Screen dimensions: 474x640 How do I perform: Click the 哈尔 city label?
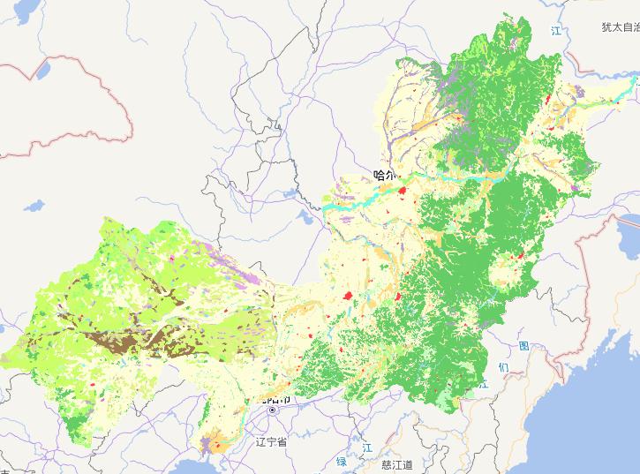386,175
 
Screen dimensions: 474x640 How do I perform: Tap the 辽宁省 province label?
270,440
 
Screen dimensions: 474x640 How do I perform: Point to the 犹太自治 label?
620,27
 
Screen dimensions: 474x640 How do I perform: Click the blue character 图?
524,345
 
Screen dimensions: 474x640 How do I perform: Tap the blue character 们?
503,366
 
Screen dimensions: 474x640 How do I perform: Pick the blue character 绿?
342,462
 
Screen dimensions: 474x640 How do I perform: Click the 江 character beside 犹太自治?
556,32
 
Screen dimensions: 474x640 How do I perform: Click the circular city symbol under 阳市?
274,411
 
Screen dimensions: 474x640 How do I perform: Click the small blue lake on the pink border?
47,66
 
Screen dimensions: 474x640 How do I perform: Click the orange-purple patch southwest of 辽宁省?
215,441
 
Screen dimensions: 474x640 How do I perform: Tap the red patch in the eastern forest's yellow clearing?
521,257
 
